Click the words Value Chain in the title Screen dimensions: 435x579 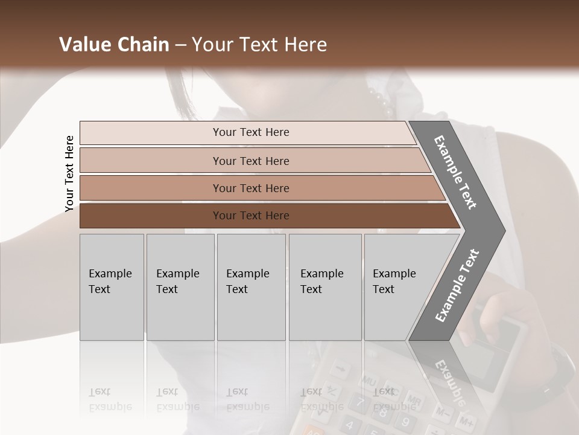114,45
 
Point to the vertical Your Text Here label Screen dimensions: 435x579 69,173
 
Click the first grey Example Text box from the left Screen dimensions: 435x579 112,287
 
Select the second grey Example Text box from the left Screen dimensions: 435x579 180,287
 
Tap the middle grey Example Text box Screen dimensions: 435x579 251,287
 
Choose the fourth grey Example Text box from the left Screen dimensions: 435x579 325,287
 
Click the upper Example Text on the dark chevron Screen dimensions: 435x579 455,172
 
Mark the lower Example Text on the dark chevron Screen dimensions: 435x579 457,285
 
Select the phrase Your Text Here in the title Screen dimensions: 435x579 259,45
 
